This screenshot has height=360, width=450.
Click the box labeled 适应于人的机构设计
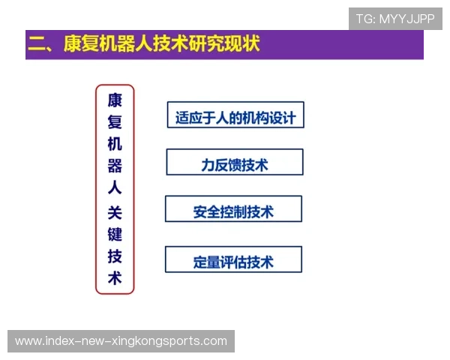[x=235, y=116]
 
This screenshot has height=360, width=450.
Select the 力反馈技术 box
[x=235, y=163]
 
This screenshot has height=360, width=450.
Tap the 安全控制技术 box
[x=233, y=210]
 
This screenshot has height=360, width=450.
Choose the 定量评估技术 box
[x=233, y=260]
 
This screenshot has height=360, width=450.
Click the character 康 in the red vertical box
[x=115, y=100]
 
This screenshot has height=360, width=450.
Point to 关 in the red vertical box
[x=115, y=212]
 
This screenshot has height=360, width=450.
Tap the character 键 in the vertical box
[x=115, y=234]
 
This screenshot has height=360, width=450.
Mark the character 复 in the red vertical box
[x=115, y=121]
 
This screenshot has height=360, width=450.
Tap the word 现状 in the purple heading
[x=241, y=43]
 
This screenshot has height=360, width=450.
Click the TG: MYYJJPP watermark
[x=395, y=19]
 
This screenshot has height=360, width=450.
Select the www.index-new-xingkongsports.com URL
[x=121, y=341]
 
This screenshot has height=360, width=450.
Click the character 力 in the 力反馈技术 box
[x=208, y=163]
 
